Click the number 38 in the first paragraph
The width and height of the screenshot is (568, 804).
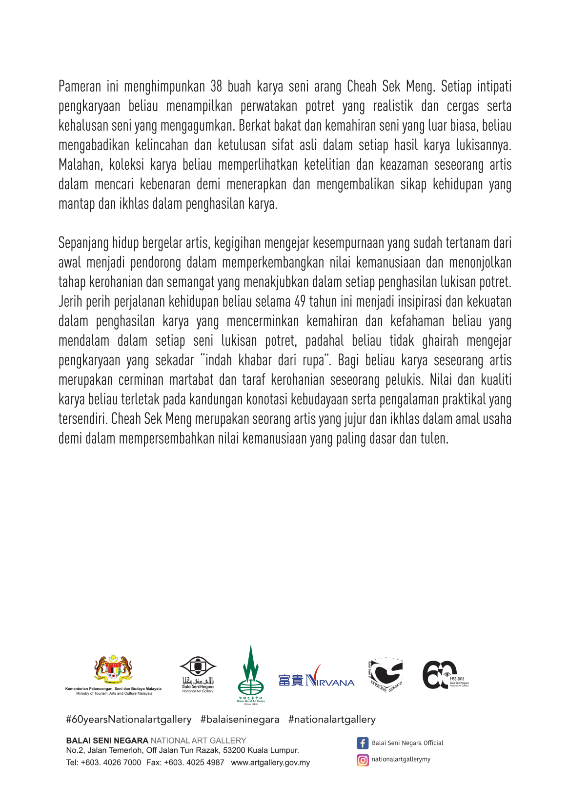[x=216, y=87]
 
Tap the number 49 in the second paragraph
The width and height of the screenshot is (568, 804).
[x=300, y=302]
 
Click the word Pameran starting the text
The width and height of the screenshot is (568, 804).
[x=80, y=87]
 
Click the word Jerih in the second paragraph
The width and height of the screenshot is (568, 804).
[x=70, y=302]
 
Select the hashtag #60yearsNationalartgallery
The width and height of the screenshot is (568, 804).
[x=129, y=720]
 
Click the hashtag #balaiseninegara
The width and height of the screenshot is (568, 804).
[x=240, y=720]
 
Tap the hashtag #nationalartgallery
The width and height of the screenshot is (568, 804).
[x=332, y=720]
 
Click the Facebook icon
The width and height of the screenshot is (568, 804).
[x=363, y=743]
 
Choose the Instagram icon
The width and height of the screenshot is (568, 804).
[x=363, y=760]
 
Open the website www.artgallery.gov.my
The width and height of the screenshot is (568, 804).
[x=270, y=763]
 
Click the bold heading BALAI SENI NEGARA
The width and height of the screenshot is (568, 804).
[x=107, y=741]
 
